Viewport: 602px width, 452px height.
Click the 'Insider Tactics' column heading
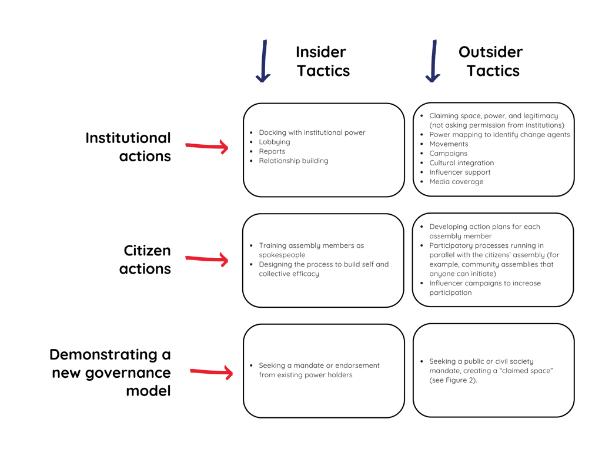pyautogui.click(x=322, y=61)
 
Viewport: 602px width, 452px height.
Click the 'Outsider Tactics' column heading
pyautogui.click(x=491, y=61)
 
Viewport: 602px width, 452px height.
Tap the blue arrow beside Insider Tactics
pyautogui.click(x=263, y=62)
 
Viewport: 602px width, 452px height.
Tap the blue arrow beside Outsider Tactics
pyautogui.click(x=433, y=62)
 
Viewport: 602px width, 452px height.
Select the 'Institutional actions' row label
pyautogui.click(x=128, y=147)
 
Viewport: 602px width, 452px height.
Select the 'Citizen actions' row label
pyautogui.click(x=146, y=260)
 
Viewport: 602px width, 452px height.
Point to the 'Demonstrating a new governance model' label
pyautogui.click(x=111, y=373)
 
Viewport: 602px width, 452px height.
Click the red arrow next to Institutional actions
pyautogui.click(x=207, y=147)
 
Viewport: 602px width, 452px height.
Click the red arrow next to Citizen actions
pyautogui.click(x=207, y=259)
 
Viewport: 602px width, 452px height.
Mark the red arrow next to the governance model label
pyautogui.click(x=211, y=372)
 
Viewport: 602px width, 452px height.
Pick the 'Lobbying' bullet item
pyautogui.click(x=274, y=142)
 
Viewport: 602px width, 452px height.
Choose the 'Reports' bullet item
pyautogui.click(x=272, y=151)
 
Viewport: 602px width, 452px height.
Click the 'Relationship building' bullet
pyautogui.click(x=293, y=161)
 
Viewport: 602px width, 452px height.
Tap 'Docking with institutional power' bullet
pyautogui.click(x=312, y=132)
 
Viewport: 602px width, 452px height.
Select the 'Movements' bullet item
pyautogui.click(x=449, y=144)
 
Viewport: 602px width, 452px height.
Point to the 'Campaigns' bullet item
pyautogui.click(x=448, y=154)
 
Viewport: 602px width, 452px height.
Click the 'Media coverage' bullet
pyautogui.click(x=456, y=182)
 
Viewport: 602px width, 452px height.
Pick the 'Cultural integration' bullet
pyautogui.click(x=461, y=163)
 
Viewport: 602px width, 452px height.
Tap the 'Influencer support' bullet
pyautogui.click(x=460, y=172)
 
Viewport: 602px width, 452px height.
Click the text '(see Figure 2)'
pyautogui.click(x=453, y=380)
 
